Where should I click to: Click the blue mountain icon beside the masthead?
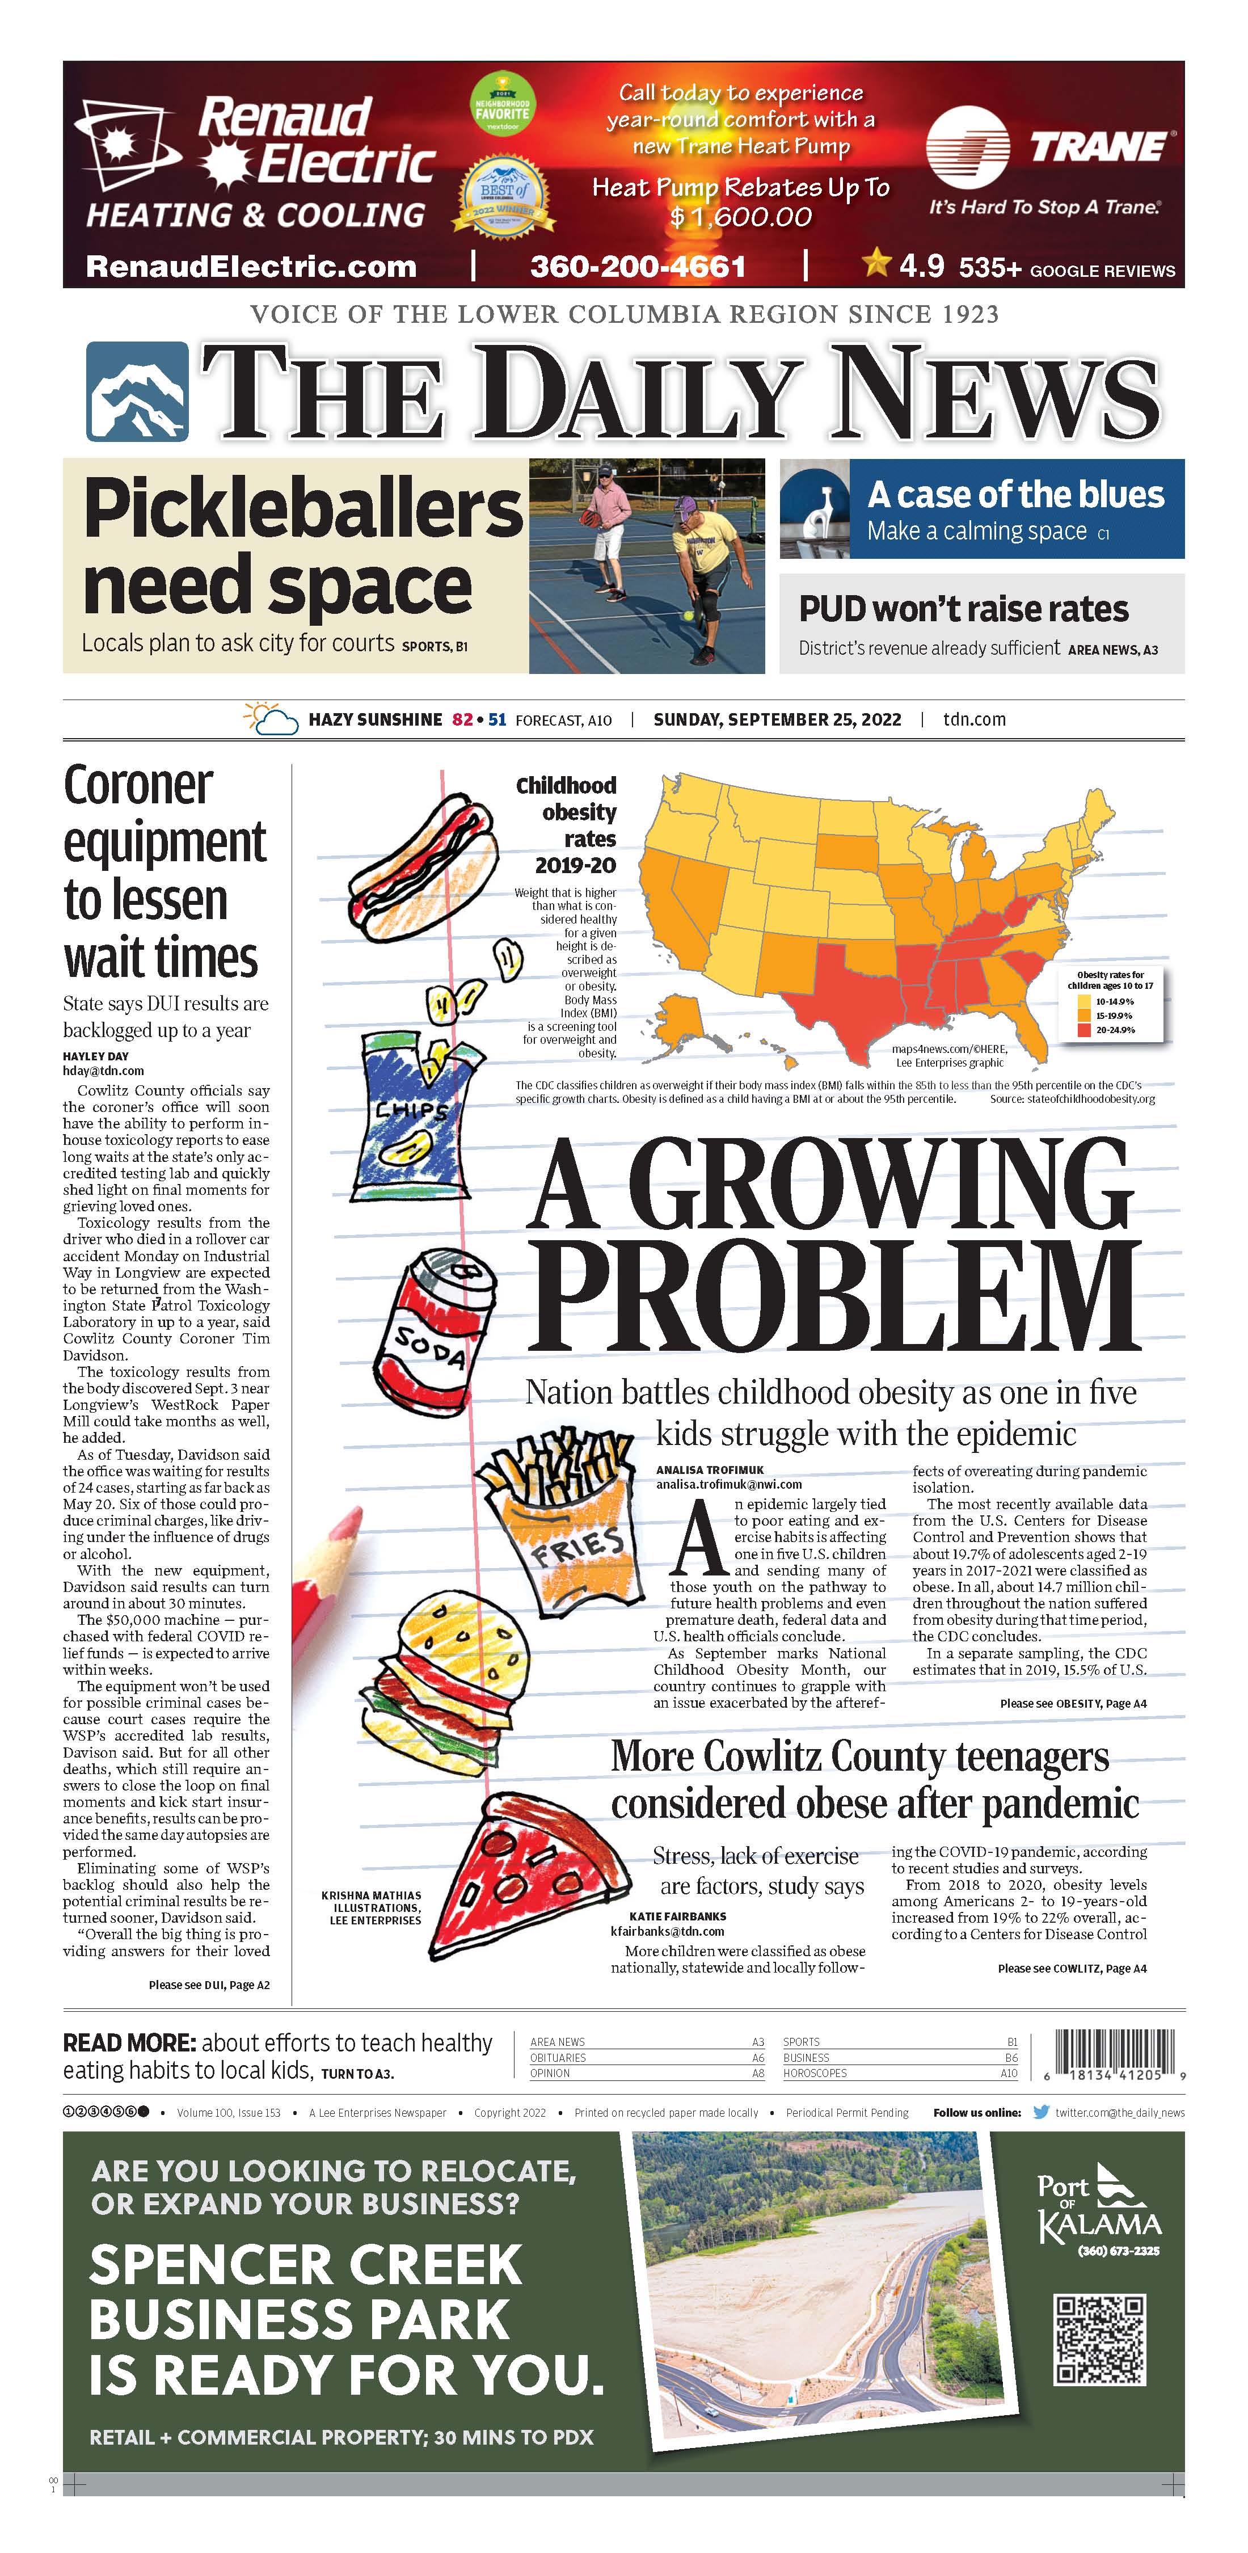point(137,391)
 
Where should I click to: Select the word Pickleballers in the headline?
point(302,507)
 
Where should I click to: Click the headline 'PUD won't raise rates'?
point(963,609)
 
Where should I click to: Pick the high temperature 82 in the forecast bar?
point(462,719)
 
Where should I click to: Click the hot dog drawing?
point(421,867)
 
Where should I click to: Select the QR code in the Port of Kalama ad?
point(1101,2340)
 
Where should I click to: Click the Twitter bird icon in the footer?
point(1041,2112)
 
